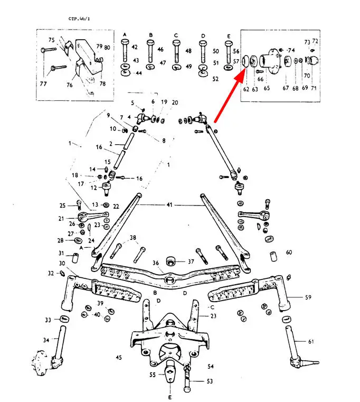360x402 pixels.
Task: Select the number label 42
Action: click(134, 48)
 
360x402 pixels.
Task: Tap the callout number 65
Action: click(267, 89)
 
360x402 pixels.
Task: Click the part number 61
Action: click(311, 342)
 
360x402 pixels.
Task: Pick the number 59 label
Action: click(308, 297)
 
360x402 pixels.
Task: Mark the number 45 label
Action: click(119, 358)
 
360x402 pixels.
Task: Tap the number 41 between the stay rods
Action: click(169, 204)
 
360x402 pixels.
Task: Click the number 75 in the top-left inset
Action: click(51, 40)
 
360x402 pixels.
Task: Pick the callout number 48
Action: click(189, 51)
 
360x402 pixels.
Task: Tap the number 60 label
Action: click(289, 253)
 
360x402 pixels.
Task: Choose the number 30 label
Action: click(62, 263)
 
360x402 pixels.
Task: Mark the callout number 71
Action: click(314, 89)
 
